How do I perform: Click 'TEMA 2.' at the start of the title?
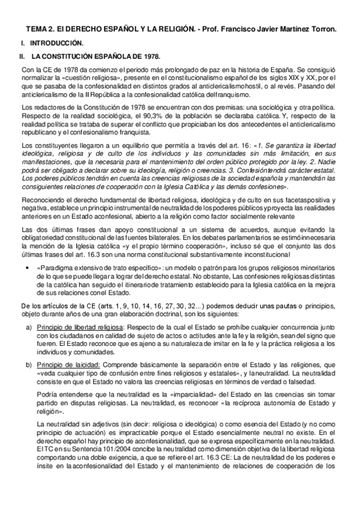(39, 28)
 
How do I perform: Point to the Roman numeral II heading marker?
(22, 57)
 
